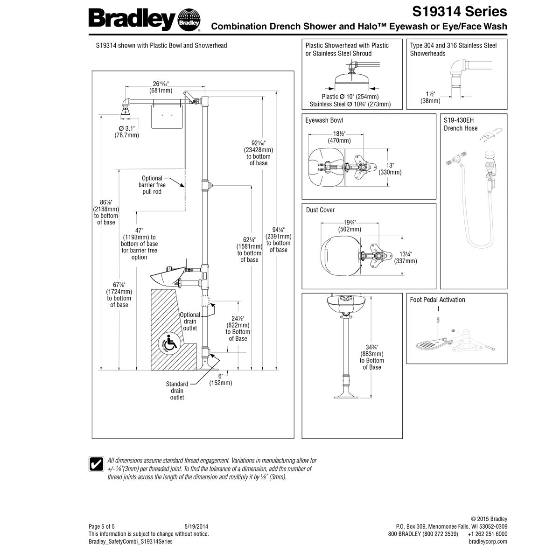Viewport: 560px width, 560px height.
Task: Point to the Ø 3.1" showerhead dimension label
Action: [126, 132]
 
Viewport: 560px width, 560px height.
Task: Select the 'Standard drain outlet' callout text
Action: [177, 391]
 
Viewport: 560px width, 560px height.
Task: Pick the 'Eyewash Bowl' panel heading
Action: [324, 120]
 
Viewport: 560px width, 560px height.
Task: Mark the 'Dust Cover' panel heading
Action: [320, 210]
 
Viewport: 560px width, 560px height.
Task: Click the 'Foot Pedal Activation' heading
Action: [437, 300]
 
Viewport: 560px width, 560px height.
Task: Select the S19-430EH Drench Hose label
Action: [461, 124]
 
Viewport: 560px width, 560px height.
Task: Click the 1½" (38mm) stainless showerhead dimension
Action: [430, 97]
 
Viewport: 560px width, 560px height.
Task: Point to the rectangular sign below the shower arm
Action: [166, 116]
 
